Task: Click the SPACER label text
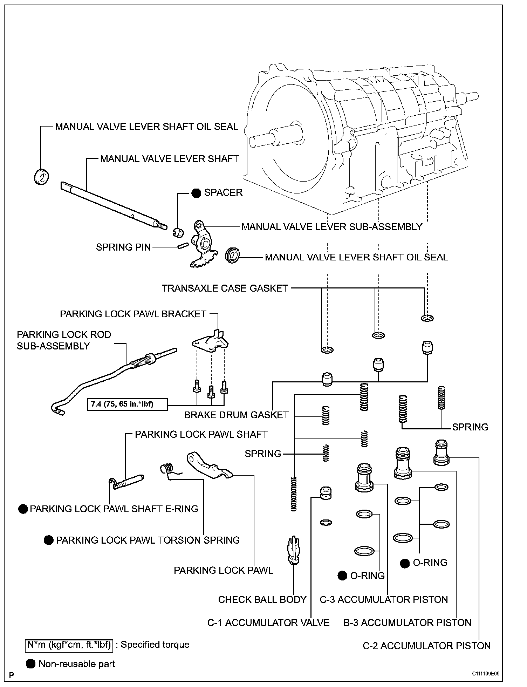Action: tap(223, 193)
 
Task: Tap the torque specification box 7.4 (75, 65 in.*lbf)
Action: tap(127, 404)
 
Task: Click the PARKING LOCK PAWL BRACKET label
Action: tap(133, 314)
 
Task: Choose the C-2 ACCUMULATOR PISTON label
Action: tap(426, 646)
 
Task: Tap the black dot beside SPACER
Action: tap(196, 193)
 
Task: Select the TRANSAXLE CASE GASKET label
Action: tap(225, 288)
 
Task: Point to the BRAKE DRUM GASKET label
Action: tap(237, 415)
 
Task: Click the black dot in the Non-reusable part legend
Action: tap(31, 664)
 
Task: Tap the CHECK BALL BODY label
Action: tap(262, 599)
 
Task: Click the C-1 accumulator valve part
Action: tap(326, 493)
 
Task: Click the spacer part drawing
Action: tap(178, 231)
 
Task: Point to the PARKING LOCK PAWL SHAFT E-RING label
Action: tap(114, 509)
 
